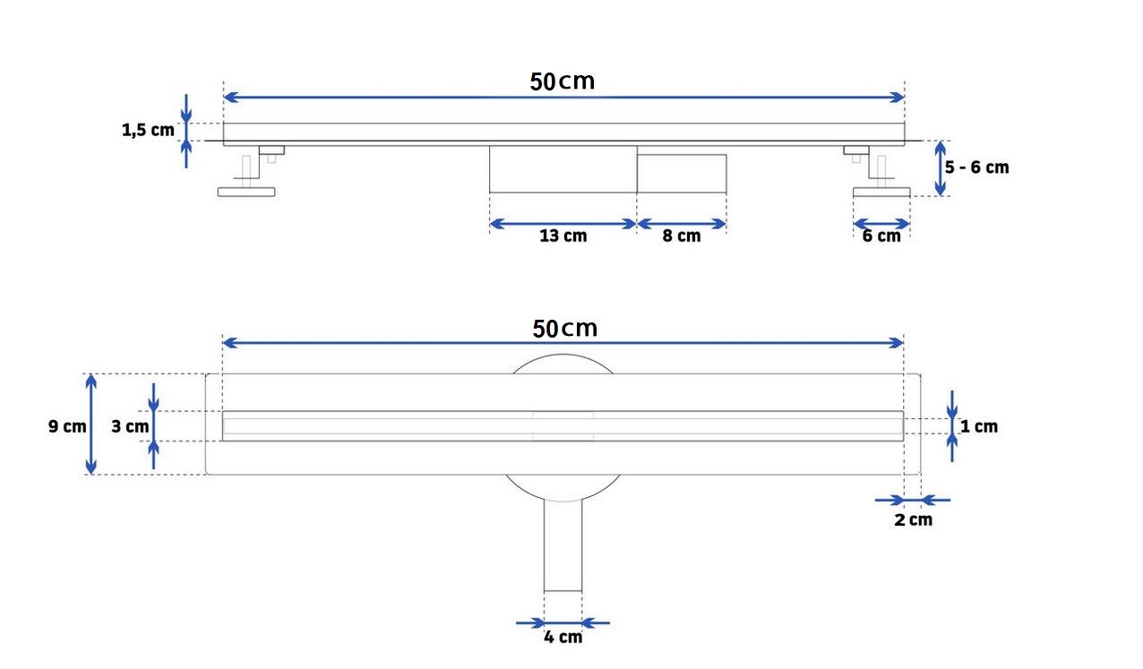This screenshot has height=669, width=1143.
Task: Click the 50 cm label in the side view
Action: [x=562, y=81]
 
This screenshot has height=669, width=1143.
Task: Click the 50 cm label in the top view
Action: [x=564, y=329]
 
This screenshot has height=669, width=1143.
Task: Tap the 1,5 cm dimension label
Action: [x=148, y=131]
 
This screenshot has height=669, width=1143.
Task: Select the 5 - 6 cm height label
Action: [x=976, y=167]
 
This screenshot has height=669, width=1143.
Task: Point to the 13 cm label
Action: [x=563, y=236]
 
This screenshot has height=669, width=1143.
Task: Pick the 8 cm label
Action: [x=682, y=236]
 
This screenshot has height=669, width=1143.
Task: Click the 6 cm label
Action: [x=881, y=236]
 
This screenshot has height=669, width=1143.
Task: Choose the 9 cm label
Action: [x=67, y=426]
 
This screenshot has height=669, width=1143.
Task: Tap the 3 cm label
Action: [x=130, y=426]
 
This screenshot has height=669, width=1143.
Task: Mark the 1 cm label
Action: [x=978, y=426]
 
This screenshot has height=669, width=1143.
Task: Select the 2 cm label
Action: [x=913, y=519]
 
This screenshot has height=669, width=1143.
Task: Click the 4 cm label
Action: [x=563, y=637]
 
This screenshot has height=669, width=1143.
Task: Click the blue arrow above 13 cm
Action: [x=563, y=223]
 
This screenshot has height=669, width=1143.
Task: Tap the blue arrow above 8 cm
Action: [x=681, y=223]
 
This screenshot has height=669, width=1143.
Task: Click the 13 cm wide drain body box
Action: [x=563, y=169]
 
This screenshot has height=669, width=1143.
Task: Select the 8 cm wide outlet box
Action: [x=681, y=173]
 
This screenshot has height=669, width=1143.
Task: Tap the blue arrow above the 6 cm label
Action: [x=881, y=223]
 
